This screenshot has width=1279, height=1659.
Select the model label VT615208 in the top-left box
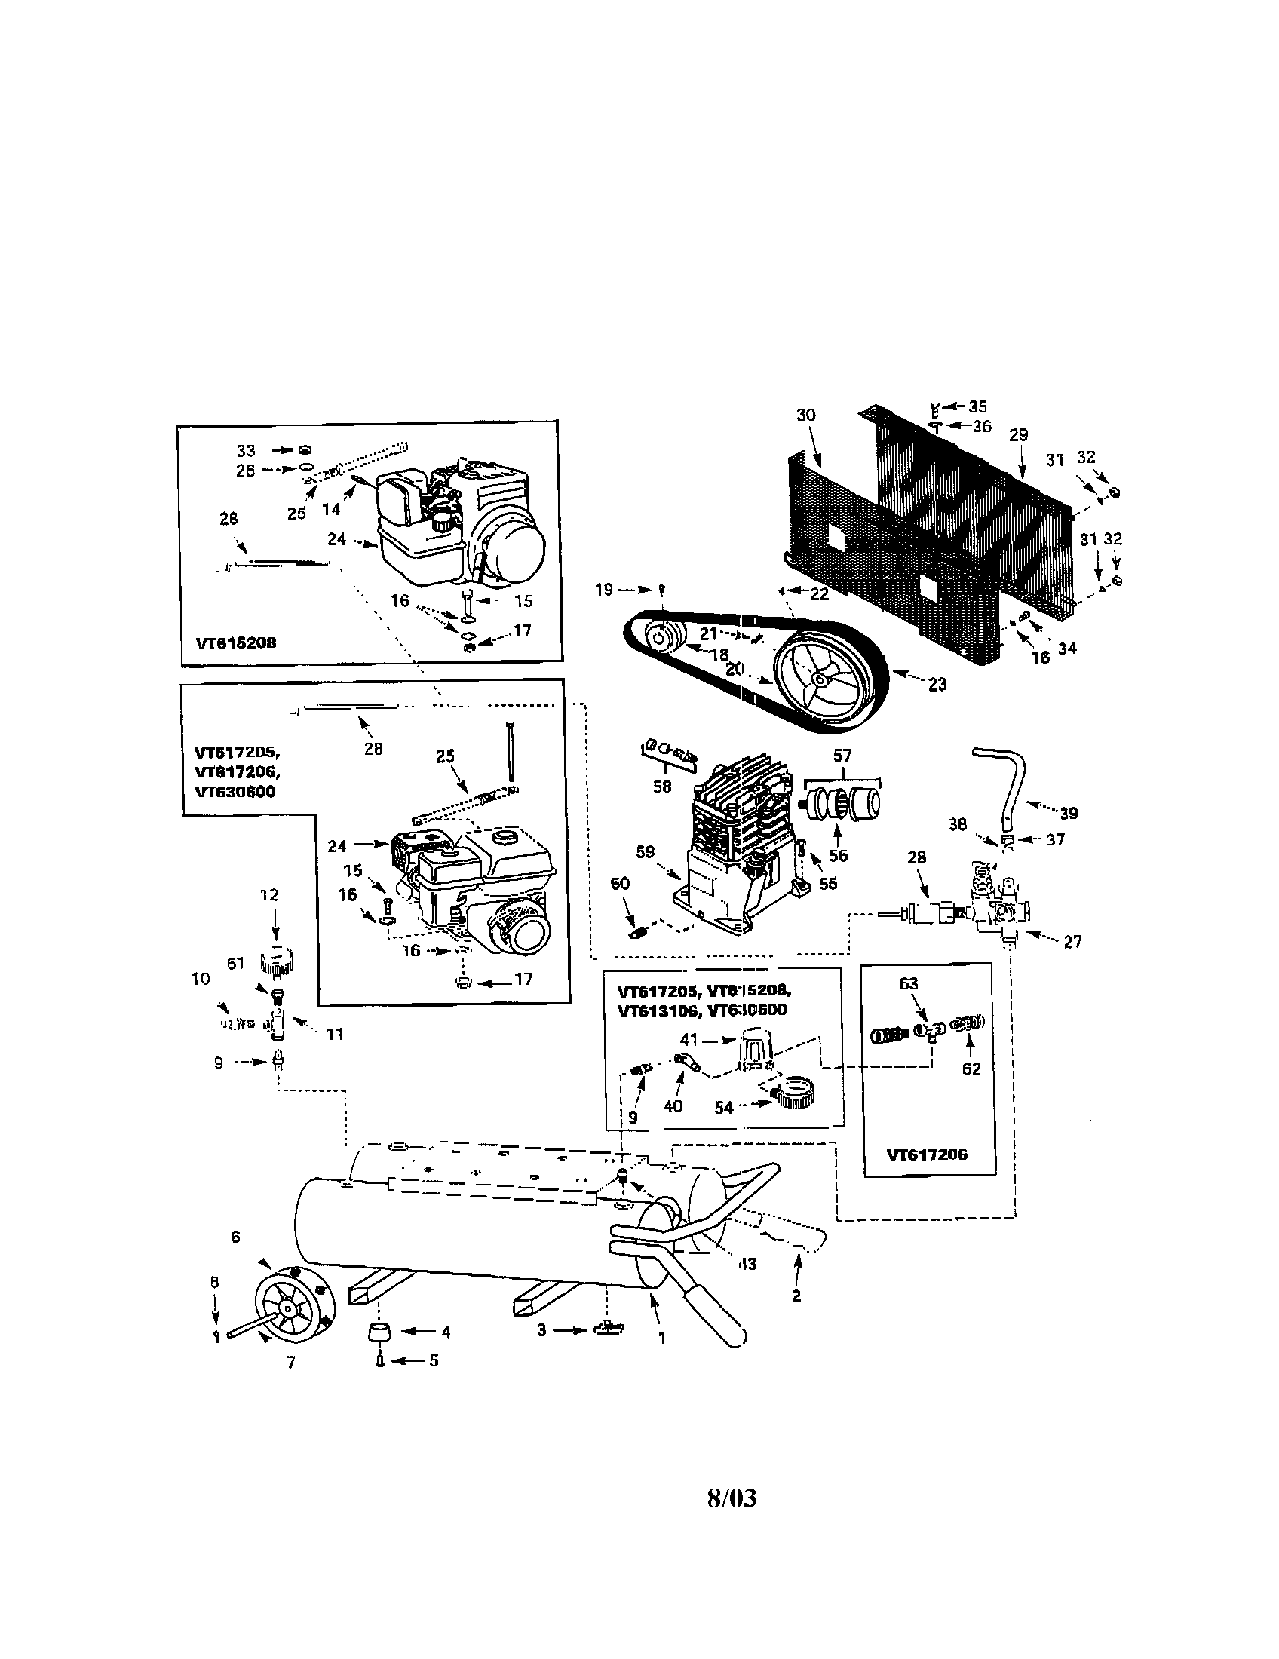tap(235, 642)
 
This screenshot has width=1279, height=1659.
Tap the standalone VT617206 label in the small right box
tap(927, 1155)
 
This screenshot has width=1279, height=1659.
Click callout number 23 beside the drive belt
tap(937, 685)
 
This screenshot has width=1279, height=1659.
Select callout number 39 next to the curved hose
tap(1069, 814)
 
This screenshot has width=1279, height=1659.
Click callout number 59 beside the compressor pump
tap(645, 853)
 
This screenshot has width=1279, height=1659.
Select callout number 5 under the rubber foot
tap(434, 1360)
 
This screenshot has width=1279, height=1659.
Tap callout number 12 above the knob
tap(270, 895)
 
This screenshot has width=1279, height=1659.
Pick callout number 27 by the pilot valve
tap(1072, 942)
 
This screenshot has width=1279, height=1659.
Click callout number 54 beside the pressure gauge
tap(724, 1108)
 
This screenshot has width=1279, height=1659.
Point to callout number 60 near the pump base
tap(621, 884)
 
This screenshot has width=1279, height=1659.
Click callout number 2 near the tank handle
tap(796, 1296)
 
